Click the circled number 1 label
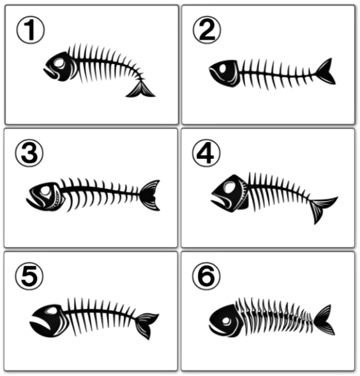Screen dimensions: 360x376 pyautogui.click(x=30, y=30)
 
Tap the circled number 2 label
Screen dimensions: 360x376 pyautogui.click(x=207, y=30)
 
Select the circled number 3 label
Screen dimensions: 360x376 pyautogui.click(x=29, y=153)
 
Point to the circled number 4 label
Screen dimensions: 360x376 pyautogui.click(x=206, y=153)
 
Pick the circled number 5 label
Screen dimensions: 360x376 pyautogui.click(x=29, y=276)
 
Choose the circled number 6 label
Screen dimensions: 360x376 pyautogui.click(x=206, y=276)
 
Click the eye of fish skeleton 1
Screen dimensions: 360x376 pyautogui.click(x=59, y=63)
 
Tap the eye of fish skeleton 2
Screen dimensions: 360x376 pyautogui.click(x=223, y=68)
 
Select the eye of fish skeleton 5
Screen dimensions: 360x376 pyautogui.click(x=51, y=311)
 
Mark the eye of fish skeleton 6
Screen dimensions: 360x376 pyautogui.click(x=227, y=321)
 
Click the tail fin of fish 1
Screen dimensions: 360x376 pyautogui.click(x=140, y=90)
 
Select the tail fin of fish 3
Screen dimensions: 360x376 pyautogui.click(x=150, y=195)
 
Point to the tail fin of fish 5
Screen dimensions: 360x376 pyautogui.click(x=146, y=325)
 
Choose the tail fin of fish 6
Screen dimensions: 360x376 pyautogui.click(x=324, y=320)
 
